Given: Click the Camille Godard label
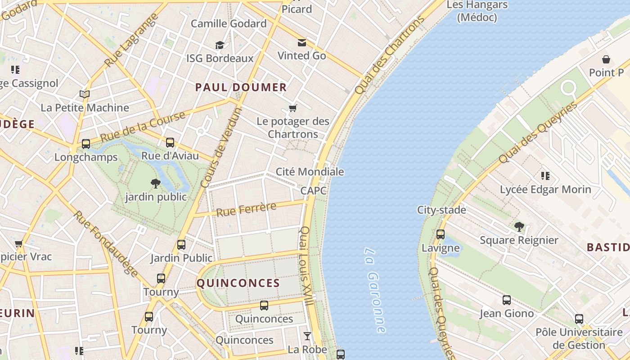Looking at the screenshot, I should click(229, 24).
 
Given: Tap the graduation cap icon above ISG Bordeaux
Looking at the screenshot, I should click(220, 45).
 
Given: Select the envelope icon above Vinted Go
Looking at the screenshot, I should click(301, 43).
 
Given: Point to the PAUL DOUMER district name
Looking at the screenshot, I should click(241, 87).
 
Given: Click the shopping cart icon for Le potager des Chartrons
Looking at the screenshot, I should click(293, 108).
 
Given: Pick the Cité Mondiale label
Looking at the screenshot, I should click(310, 172).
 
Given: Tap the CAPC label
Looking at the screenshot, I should click(313, 191).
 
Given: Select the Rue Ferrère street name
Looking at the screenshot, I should click(246, 209).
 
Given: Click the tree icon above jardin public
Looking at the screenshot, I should click(156, 183).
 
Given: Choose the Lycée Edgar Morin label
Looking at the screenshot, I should click(545, 189).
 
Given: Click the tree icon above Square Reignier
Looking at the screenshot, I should click(519, 226).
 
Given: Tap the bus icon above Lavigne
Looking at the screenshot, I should click(441, 234).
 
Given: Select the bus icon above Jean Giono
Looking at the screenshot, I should click(507, 300).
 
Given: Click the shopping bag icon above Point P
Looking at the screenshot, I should click(606, 59).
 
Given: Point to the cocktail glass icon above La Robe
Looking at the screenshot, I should click(307, 336).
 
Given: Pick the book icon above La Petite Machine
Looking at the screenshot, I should click(85, 94).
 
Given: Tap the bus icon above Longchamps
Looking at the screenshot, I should click(85, 144).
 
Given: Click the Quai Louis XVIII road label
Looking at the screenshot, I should click(306, 266).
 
